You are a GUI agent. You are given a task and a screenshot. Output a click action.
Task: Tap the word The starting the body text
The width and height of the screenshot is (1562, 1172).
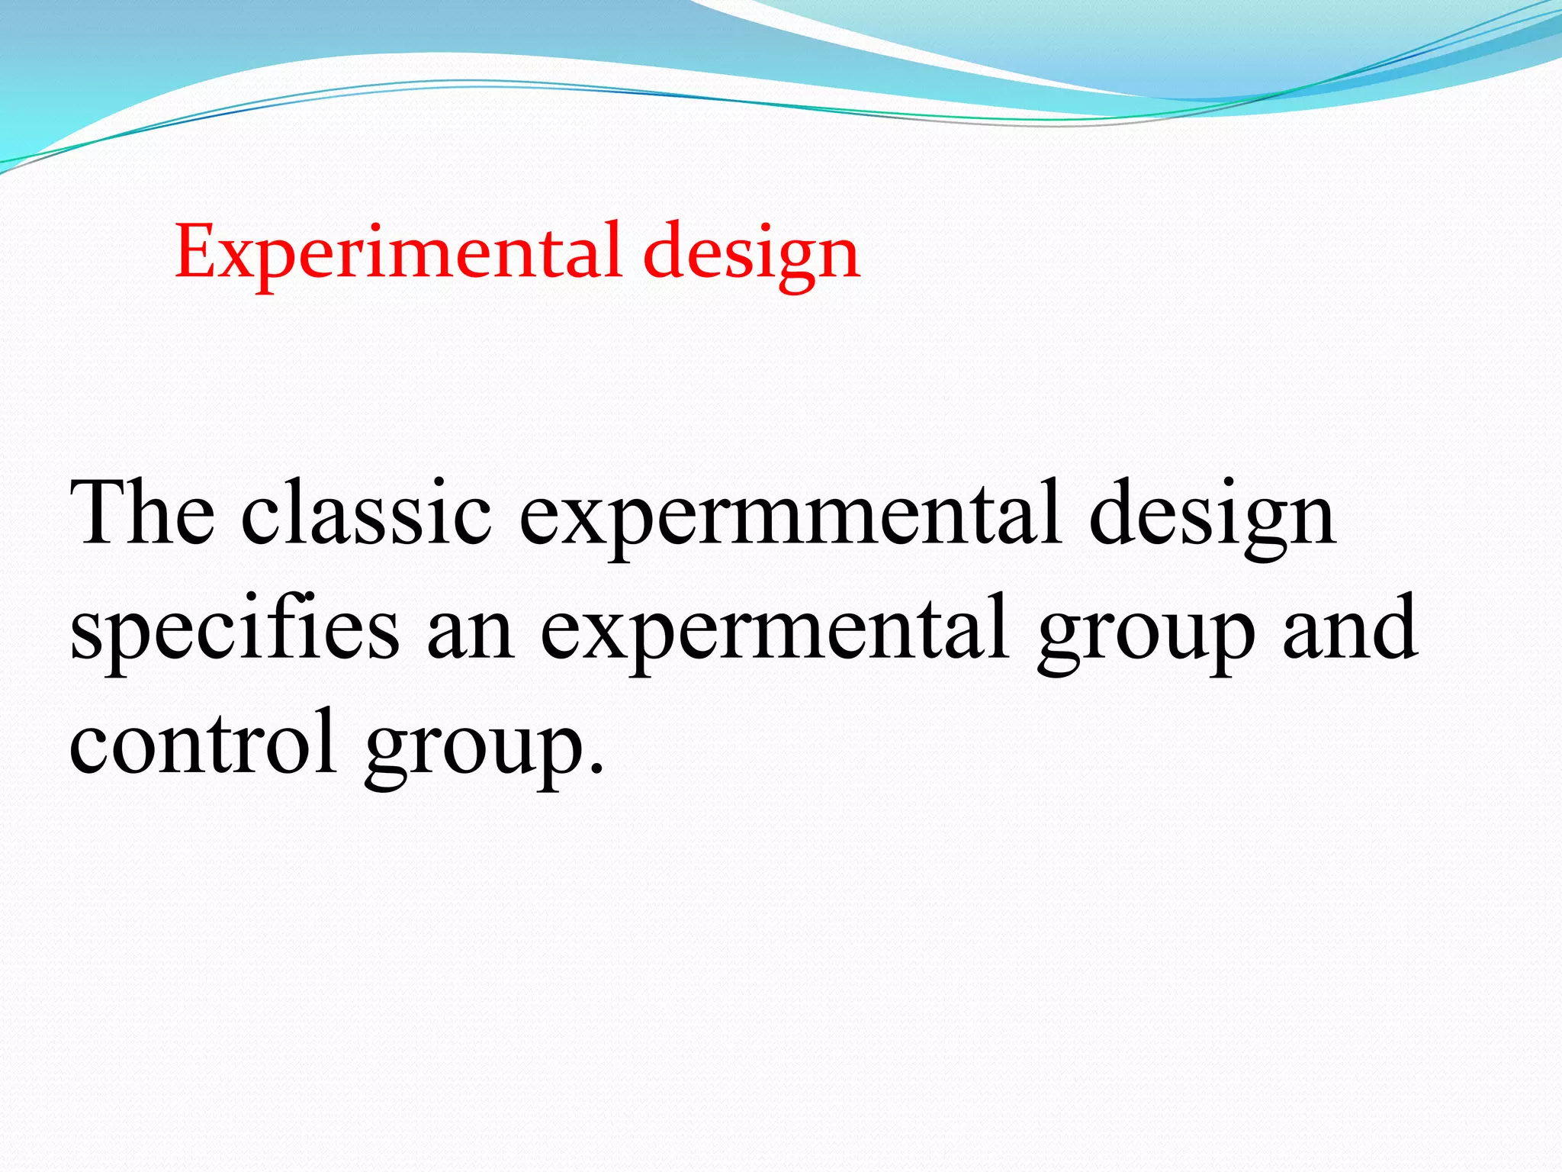(143, 513)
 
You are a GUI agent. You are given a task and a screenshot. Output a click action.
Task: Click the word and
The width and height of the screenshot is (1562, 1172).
(1350, 630)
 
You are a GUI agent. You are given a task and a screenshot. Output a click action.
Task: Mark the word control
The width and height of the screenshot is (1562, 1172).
(202, 743)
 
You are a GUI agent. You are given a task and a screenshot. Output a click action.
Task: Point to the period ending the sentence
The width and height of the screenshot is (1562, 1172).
(596, 769)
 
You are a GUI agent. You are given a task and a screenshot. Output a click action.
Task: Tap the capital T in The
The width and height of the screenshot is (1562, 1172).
(99, 513)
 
